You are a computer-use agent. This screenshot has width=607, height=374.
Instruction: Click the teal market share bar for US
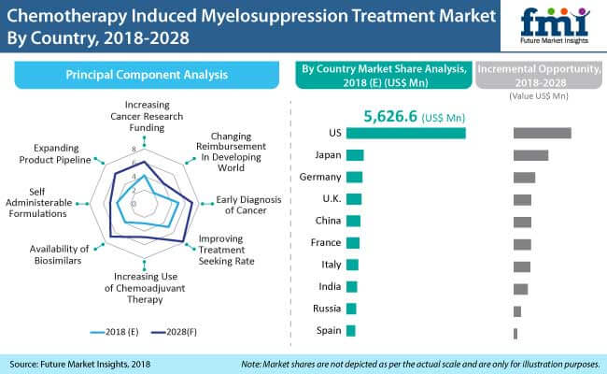tap(405, 133)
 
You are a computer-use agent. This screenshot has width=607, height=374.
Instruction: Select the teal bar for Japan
tap(355, 155)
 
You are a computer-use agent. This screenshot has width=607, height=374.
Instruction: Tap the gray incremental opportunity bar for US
tap(542, 133)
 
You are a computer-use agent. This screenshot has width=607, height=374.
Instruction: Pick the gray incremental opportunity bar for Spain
tap(515, 334)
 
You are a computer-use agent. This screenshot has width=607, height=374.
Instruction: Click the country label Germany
tap(320, 177)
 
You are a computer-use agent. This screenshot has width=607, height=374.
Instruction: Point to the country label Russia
tap(327, 309)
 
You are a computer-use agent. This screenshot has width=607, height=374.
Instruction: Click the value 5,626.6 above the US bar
tap(390, 116)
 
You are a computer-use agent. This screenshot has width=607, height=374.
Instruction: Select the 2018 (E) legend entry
tap(114, 332)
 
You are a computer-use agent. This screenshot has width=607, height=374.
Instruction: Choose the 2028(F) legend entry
tap(174, 332)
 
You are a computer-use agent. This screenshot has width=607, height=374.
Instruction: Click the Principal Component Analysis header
tap(147, 75)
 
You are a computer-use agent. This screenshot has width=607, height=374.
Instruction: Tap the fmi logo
tap(555, 25)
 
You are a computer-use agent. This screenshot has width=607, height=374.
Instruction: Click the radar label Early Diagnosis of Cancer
tap(247, 205)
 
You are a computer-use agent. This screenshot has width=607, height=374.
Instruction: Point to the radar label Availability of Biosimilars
tap(59, 254)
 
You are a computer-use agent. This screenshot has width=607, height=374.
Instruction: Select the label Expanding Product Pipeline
tap(55, 154)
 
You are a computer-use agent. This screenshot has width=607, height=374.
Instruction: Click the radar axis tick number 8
tap(134, 150)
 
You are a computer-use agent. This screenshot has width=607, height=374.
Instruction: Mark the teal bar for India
tap(351, 287)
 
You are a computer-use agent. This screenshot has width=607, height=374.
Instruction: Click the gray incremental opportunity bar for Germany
tap(524, 178)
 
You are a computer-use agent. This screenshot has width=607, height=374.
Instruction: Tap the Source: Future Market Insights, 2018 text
tap(79, 365)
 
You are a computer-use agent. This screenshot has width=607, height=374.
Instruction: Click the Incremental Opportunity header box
tap(539, 75)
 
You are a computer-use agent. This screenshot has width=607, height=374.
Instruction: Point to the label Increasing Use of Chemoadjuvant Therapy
tap(145, 288)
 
